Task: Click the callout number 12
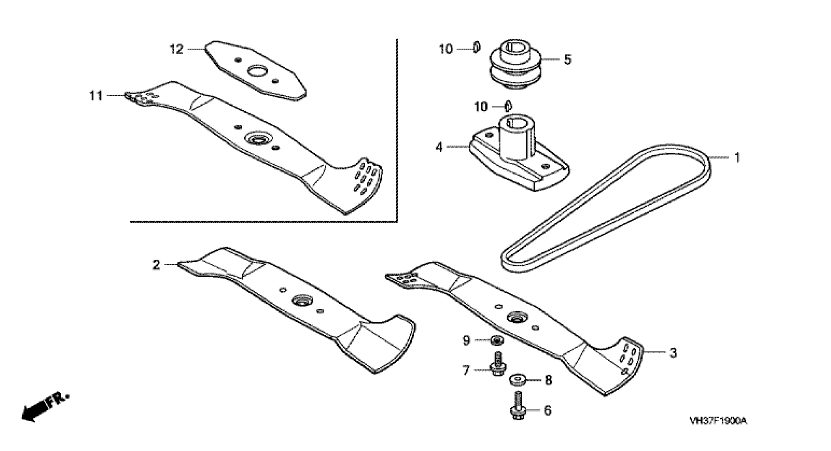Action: click(177, 50)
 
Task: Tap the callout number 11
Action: click(96, 96)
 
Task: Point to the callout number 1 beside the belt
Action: click(737, 158)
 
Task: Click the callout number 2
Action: click(156, 265)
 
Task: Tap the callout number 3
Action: click(673, 353)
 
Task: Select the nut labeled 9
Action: click(497, 340)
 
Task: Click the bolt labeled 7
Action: click(497, 365)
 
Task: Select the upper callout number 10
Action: click(446, 50)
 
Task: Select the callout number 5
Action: click(567, 60)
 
